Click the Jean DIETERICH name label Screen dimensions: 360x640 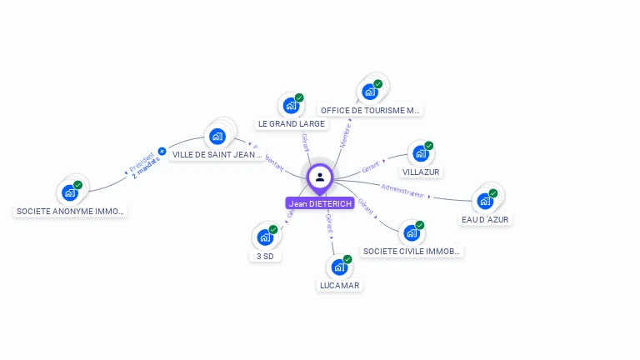pyautogui.click(x=320, y=203)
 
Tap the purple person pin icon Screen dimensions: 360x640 pyautogui.click(x=320, y=177)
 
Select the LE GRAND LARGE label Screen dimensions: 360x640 pyautogui.click(x=291, y=123)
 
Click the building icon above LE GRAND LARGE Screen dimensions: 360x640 pyautogui.click(x=291, y=105)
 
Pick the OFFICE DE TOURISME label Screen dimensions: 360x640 pyautogui.click(x=371, y=110)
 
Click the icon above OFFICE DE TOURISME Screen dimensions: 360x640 pyautogui.click(x=370, y=91)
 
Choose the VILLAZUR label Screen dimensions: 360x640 pyautogui.click(x=421, y=172)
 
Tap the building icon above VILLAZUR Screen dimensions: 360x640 pyautogui.click(x=421, y=153)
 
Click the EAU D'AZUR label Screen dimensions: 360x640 pyautogui.click(x=485, y=219)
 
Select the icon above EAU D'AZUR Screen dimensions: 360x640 pyautogui.click(x=485, y=201)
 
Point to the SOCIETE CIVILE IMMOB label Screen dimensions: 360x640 pyautogui.click(x=412, y=251)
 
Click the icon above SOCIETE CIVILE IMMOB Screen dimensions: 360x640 pyautogui.click(x=412, y=232)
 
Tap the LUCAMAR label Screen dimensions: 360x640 pyautogui.click(x=339, y=285)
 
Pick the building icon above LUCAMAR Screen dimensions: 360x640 pyautogui.click(x=339, y=267)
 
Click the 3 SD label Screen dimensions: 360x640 pyautogui.click(x=265, y=256)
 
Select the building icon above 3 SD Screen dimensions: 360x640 pyautogui.click(x=265, y=237)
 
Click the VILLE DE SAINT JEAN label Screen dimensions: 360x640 pyautogui.click(x=217, y=154)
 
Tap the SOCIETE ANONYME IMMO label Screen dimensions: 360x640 pyautogui.click(x=71, y=211)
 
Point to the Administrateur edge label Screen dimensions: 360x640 pyautogui.click(x=402, y=190)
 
